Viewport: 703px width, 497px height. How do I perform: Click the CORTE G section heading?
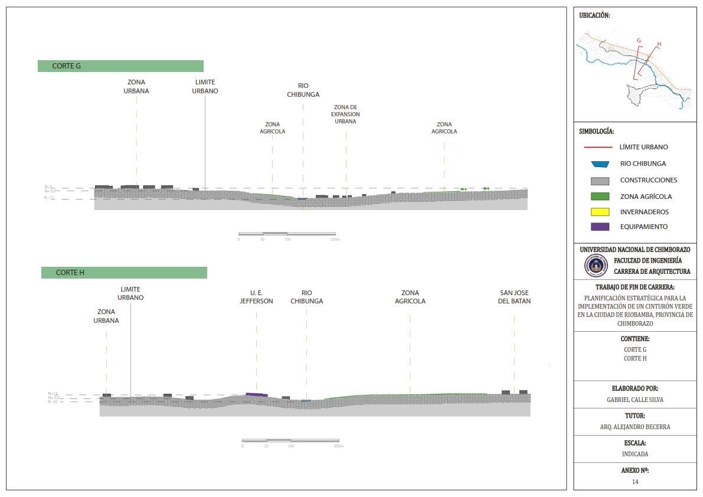[67, 66]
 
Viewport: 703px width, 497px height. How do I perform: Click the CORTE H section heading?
[70, 273]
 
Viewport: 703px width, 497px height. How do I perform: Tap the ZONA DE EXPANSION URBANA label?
[345, 115]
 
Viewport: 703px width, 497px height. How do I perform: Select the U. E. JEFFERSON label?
[256, 297]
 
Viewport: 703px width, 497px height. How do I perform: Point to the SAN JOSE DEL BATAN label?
[515, 297]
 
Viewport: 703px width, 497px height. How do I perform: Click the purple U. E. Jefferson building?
[257, 394]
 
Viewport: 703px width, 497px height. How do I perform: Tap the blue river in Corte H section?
[306, 401]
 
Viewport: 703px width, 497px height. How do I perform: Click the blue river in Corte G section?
[302, 199]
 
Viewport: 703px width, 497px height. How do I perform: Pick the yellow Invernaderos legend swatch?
[600, 212]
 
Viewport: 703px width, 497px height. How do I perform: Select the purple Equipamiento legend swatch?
[600, 227]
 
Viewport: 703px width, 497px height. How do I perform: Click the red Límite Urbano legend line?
[600, 147]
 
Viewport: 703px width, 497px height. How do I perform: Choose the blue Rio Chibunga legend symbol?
[600, 164]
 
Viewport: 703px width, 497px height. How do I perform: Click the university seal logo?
[596, 266]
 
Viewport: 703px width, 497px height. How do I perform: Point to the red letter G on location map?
[639, 41]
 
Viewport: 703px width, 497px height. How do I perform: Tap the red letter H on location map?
[659, 44]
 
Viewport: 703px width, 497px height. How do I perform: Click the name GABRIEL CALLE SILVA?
[635, 400]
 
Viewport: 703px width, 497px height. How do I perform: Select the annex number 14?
[635, 482]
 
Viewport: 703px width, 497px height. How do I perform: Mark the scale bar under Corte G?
[287, 234]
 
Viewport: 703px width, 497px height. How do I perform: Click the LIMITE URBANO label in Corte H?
[130, 293]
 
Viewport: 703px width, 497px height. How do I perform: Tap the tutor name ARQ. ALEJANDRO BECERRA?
[635, 427]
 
